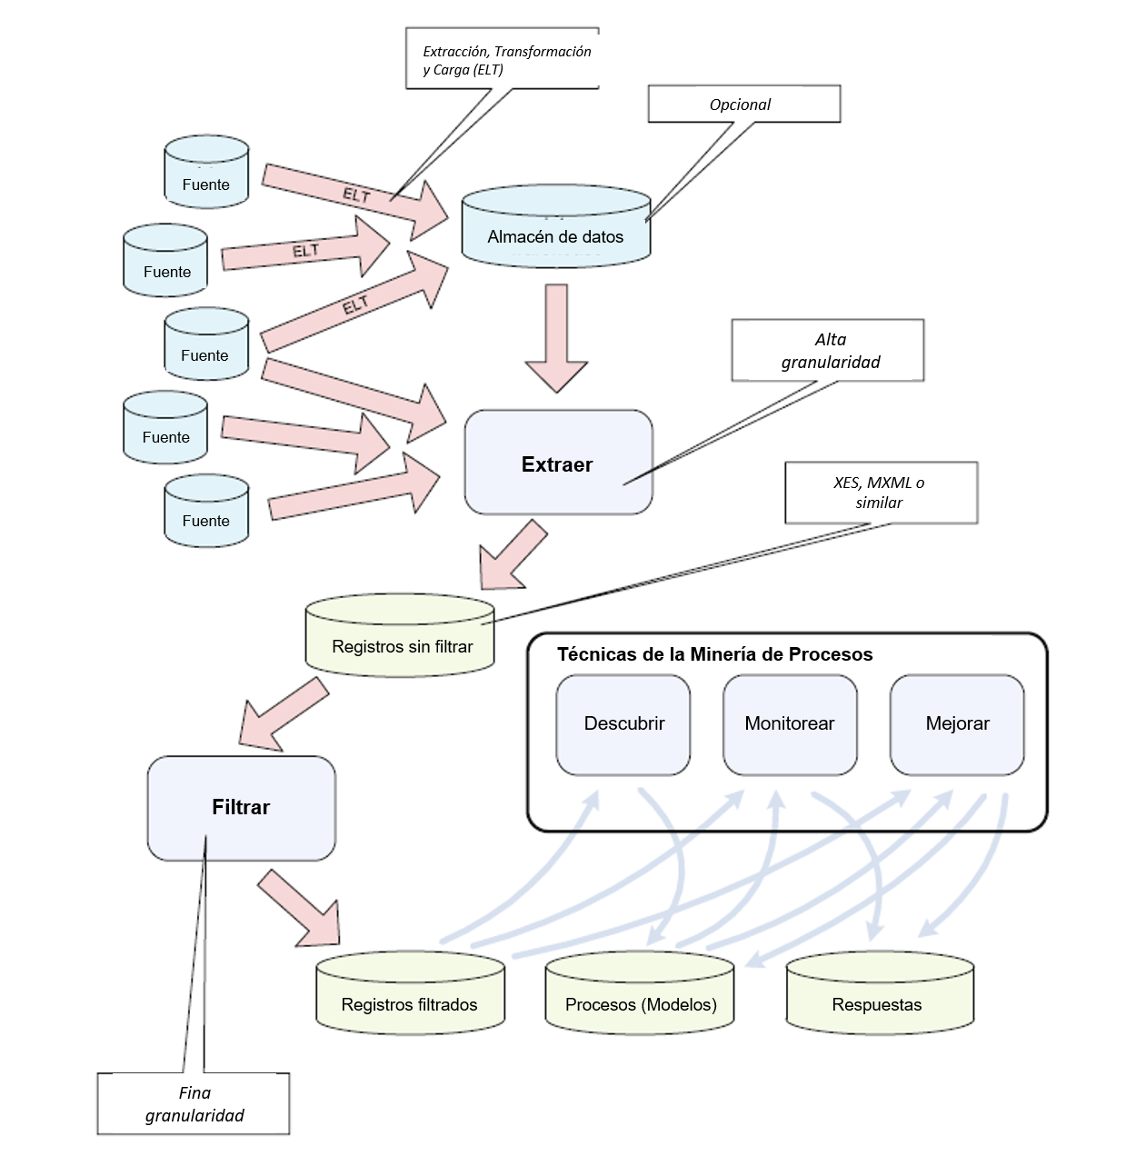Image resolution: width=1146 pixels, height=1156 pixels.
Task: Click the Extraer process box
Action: pos(558,463)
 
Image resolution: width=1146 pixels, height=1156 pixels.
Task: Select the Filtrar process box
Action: pos(241,807)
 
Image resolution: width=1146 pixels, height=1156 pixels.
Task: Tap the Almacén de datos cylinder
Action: pos(555,228)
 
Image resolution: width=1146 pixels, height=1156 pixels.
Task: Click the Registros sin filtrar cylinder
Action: pos(400,636)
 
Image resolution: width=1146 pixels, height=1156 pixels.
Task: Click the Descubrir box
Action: pos(623,724)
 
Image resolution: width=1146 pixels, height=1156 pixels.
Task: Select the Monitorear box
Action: pos(790,724)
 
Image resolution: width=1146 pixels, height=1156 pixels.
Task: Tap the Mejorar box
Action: pos(957,724)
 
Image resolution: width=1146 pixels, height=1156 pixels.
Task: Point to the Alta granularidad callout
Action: pos(828,350)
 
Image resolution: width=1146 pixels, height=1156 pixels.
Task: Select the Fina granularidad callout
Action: pos(194,1103)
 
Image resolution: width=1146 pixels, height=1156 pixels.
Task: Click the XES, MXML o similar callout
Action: pos(881,493)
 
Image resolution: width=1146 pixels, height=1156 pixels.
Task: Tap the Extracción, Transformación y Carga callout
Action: pos(503,59)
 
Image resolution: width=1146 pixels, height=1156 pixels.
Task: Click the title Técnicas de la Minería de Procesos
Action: pos(714,654)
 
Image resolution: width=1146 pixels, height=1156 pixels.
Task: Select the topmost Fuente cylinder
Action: pos(206,173)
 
